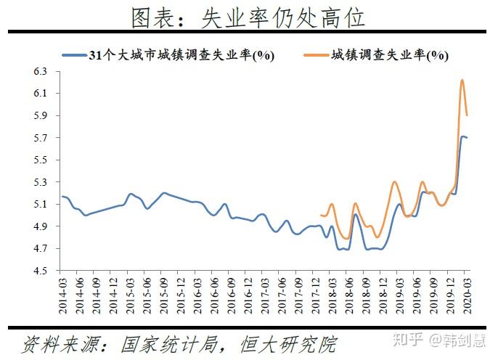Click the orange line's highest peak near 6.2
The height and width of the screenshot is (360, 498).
pos(462,80)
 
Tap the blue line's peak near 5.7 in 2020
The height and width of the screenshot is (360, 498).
pos(462,136)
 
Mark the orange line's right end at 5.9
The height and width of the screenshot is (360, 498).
pos(467,115)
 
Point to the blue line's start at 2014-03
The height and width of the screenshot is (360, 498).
pos(62,196)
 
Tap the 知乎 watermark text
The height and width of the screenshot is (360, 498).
pos(409,340)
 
